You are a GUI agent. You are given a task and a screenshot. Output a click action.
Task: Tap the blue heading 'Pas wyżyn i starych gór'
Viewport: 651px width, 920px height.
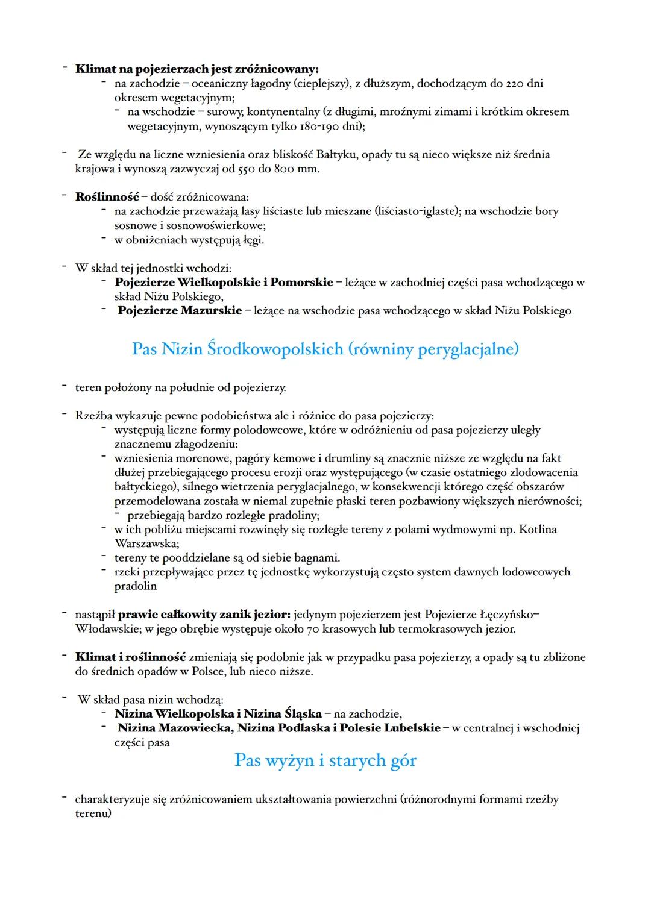pos(325,760)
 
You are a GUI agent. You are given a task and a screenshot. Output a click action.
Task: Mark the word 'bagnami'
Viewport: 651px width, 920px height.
pos(319,557)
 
